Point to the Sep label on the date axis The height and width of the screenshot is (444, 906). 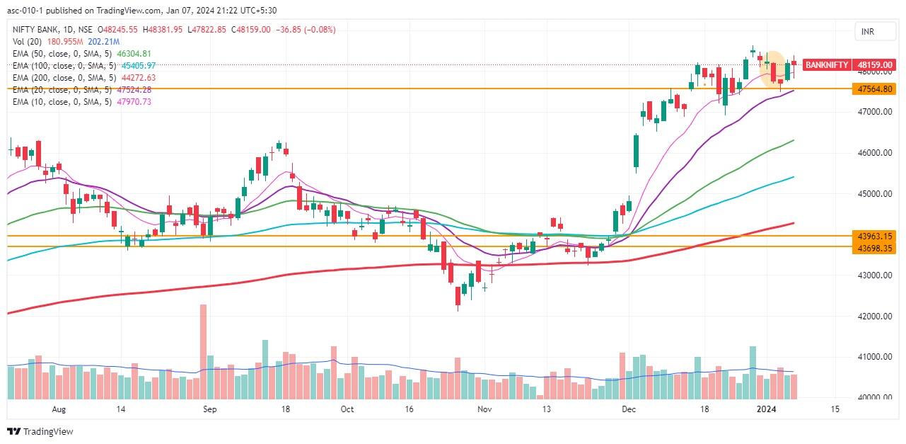click(209, 409)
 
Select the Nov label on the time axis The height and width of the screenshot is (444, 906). click(484, 409)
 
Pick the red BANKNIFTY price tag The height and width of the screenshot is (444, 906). click(826, 64)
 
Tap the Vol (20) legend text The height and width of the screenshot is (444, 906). click(28, 42)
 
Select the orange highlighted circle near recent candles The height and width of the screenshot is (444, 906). click(773, 69)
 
